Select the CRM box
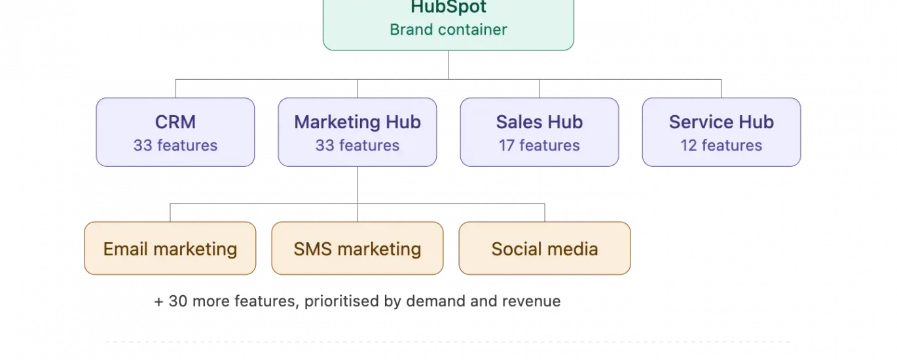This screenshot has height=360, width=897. pos(175,132)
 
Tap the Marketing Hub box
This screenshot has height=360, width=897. pos(357,132)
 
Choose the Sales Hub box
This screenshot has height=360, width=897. pos(540,132)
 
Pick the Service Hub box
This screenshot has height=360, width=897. pos(721,132)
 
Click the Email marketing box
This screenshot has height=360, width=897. pos(170,248)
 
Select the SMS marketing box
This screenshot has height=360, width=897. pos(357,248)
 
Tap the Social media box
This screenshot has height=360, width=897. pos(545,248)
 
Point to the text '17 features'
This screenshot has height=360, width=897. pos(540,145)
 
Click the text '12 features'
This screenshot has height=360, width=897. pos(721,145)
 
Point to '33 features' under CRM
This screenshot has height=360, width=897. pos(175,145)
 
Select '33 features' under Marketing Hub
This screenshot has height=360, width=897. pos(357,145)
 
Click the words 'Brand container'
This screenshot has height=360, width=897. pos(448,29)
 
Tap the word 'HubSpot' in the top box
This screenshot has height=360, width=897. pos(448,8)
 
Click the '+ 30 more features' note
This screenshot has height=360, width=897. pos(357,301)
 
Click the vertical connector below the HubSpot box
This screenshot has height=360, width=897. pos(448,65)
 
